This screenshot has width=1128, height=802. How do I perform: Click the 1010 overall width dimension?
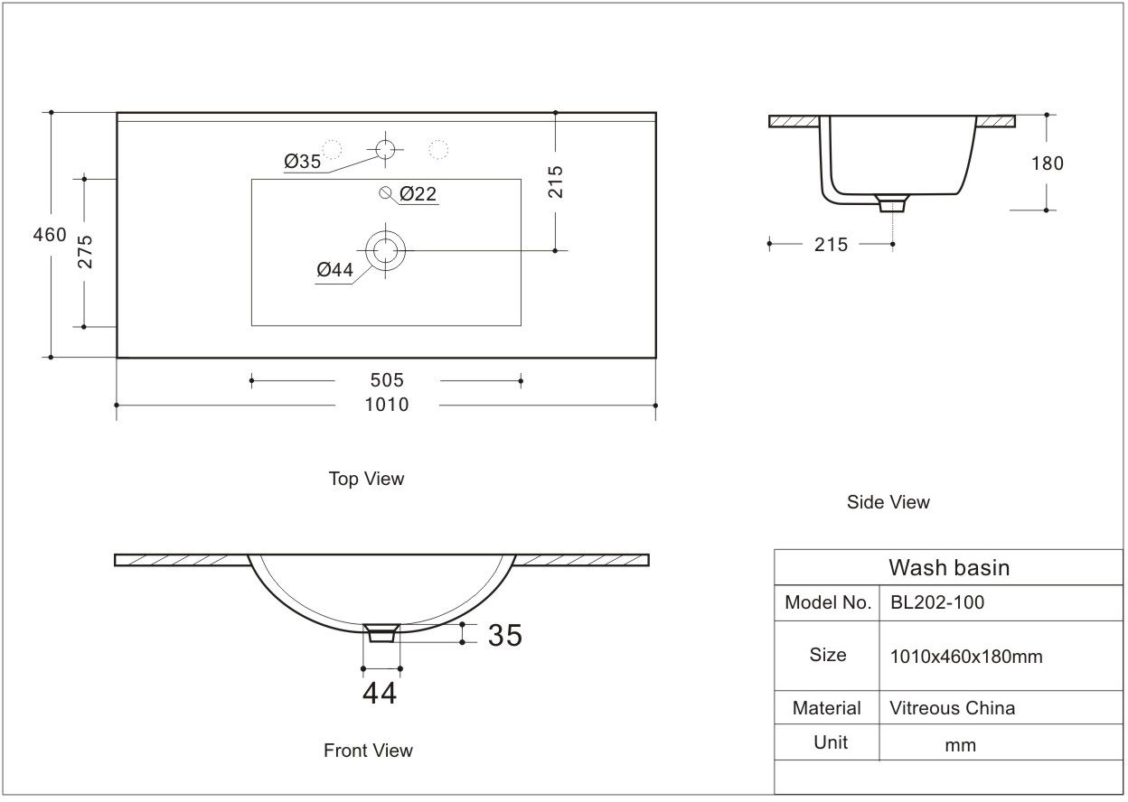tap(386, 405)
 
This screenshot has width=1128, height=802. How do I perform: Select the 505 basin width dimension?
tap(386, 380)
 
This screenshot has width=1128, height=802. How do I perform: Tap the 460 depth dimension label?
tap(50, 235)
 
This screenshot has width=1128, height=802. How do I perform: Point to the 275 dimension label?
tap(85, 252)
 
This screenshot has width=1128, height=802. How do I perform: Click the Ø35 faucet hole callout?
tap(302, 162)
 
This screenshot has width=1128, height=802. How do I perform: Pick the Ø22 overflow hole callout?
tap(418, 193)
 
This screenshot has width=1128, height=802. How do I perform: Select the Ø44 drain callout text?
tap(334, 269)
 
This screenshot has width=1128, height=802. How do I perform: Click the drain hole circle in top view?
tap(386, 248)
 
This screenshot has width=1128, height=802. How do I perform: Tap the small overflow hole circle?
tap(386, 192)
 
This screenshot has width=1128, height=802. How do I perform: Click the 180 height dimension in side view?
tap(1047, 163)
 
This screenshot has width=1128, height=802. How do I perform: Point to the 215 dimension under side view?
tap(831, 244)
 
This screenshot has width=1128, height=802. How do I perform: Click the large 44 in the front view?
tap(380, 693)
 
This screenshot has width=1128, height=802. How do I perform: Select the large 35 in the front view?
tap(505, 635)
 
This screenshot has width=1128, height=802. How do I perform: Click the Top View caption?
tap(366, 479)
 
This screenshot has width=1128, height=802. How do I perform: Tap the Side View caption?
tap(888, 502)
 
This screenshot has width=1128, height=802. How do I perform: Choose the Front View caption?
tap(368, 751)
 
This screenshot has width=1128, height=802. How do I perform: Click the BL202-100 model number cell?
tap(937, 602)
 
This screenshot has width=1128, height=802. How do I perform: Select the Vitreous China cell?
tap(953, 708)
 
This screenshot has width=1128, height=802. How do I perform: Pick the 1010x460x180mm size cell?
tap(966, 657)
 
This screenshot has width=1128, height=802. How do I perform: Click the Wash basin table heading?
tap(949, 567)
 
